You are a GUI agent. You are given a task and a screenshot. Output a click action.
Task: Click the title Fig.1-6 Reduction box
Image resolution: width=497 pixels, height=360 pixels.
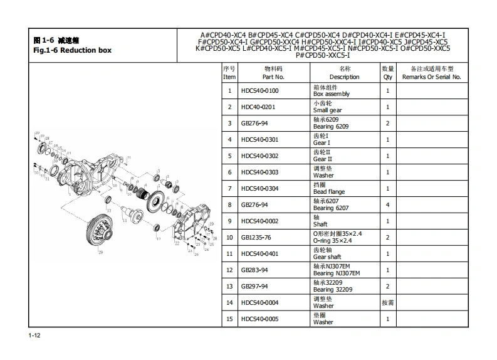point(72,51)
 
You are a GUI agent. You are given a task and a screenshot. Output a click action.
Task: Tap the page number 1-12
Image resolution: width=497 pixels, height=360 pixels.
point(34,337)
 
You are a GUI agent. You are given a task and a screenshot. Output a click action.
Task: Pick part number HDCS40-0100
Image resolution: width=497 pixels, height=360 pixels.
point(259,91)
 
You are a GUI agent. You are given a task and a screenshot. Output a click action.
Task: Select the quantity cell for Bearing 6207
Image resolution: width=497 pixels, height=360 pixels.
point(387,205)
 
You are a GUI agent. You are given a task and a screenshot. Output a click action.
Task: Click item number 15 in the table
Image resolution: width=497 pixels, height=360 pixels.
point(229,319)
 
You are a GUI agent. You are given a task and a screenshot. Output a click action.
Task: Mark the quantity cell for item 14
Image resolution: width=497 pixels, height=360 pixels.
point(387,303)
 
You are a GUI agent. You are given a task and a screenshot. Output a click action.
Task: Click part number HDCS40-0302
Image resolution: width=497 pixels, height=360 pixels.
point(259,156)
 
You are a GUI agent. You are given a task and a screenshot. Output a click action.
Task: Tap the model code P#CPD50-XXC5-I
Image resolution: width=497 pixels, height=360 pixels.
point(323,55)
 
